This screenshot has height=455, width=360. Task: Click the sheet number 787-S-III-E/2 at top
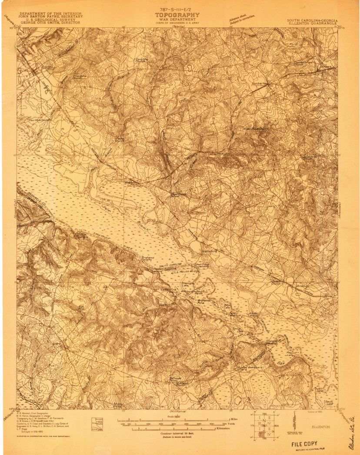pos(177,8)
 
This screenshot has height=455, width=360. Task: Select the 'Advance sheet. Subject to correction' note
pos(242,19)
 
